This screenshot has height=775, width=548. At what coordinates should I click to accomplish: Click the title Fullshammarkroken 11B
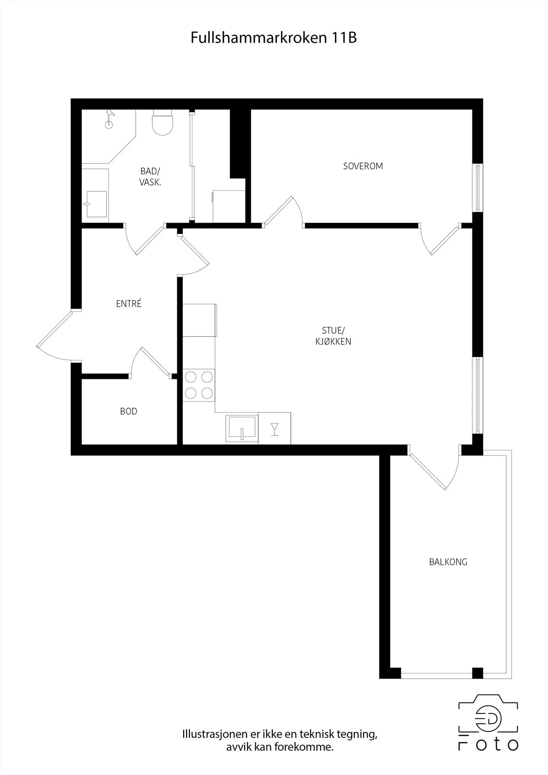point(273,38)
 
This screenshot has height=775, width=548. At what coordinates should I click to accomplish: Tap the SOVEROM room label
point(363,166)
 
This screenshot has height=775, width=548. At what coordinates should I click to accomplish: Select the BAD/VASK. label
point(150,176)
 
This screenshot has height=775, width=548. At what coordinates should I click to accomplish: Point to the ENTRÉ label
point(129,303)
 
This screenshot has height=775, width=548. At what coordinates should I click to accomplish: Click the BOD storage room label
point(128,411)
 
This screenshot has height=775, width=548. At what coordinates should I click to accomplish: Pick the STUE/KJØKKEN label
point(333,336)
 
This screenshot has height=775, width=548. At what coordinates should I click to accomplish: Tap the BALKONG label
point(448,562)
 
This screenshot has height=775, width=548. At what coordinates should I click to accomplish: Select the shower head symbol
point(110,119)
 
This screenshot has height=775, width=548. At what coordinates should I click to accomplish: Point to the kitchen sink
point(242,428)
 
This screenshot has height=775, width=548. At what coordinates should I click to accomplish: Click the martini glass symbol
point(275,429)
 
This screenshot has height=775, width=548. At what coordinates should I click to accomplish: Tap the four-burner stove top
point(199,385)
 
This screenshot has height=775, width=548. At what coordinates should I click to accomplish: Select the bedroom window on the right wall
point(478,187)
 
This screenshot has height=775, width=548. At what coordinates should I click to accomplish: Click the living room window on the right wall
point(478,395)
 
